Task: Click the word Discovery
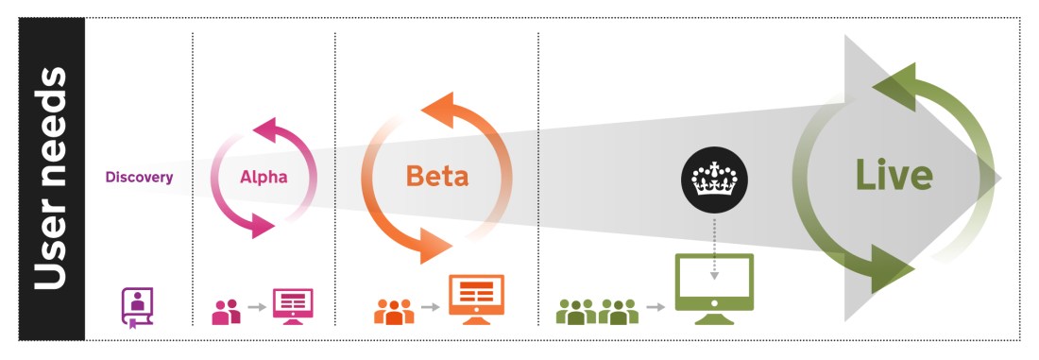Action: point(139,177)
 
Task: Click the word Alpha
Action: point(263,177)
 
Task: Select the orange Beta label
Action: point(436,177)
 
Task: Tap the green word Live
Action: point(894,175)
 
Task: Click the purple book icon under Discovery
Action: point(137,307)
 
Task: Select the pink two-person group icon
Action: point(227,311)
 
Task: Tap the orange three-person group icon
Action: point(395,310)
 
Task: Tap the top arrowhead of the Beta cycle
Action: point(436,106)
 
